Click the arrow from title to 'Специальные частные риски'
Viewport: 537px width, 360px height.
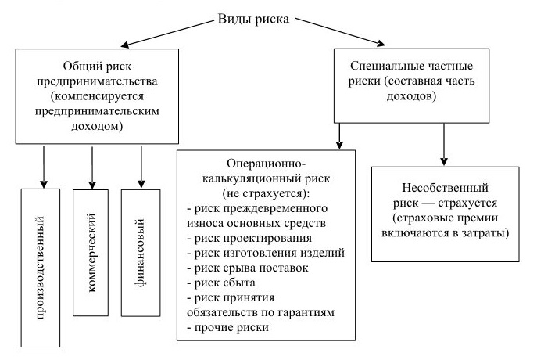click(x=341, y=31)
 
